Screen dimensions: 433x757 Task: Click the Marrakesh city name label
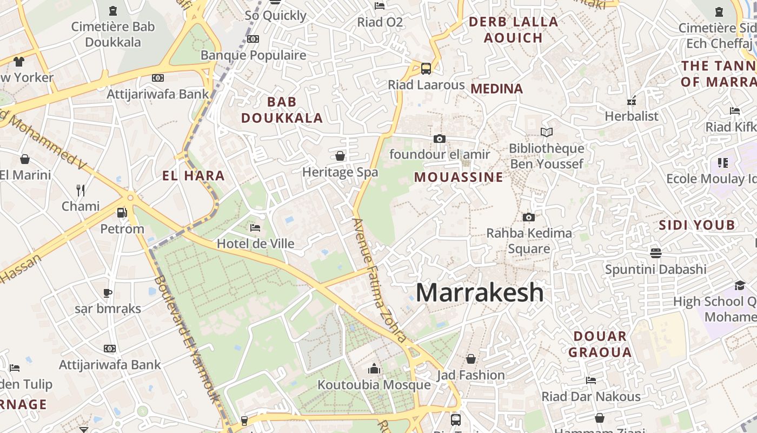[x=480, y=293]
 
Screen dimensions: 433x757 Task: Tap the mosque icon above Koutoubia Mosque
[x=374, y=369]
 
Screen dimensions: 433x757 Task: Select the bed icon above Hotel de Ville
[x=256, y=228]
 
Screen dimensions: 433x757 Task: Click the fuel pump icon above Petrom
[x=122, y=213]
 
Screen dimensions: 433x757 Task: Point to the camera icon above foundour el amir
[x=439, y=139]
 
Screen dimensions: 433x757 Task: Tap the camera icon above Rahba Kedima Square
[x=529, y=218]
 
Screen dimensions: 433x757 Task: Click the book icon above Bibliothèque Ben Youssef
[x=547, y=132]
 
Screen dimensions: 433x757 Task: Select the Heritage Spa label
[x=340, y=172]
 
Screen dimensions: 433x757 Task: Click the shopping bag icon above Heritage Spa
[x=340, y=156]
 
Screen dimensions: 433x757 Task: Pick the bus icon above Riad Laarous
[x=426, y=69]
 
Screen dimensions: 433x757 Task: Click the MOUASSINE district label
[x=459, y=177]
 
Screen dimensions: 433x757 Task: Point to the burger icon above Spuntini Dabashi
[x=656, y=253]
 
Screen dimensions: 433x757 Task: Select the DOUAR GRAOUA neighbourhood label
[x=600, y=344]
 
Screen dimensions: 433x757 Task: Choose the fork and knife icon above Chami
[x=81, y=190]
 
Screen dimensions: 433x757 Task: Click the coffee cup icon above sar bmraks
[x=108, y=293]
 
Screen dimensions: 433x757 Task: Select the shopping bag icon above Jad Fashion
[x=471, y=359]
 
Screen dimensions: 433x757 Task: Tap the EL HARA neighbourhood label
[x=194, y=175]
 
